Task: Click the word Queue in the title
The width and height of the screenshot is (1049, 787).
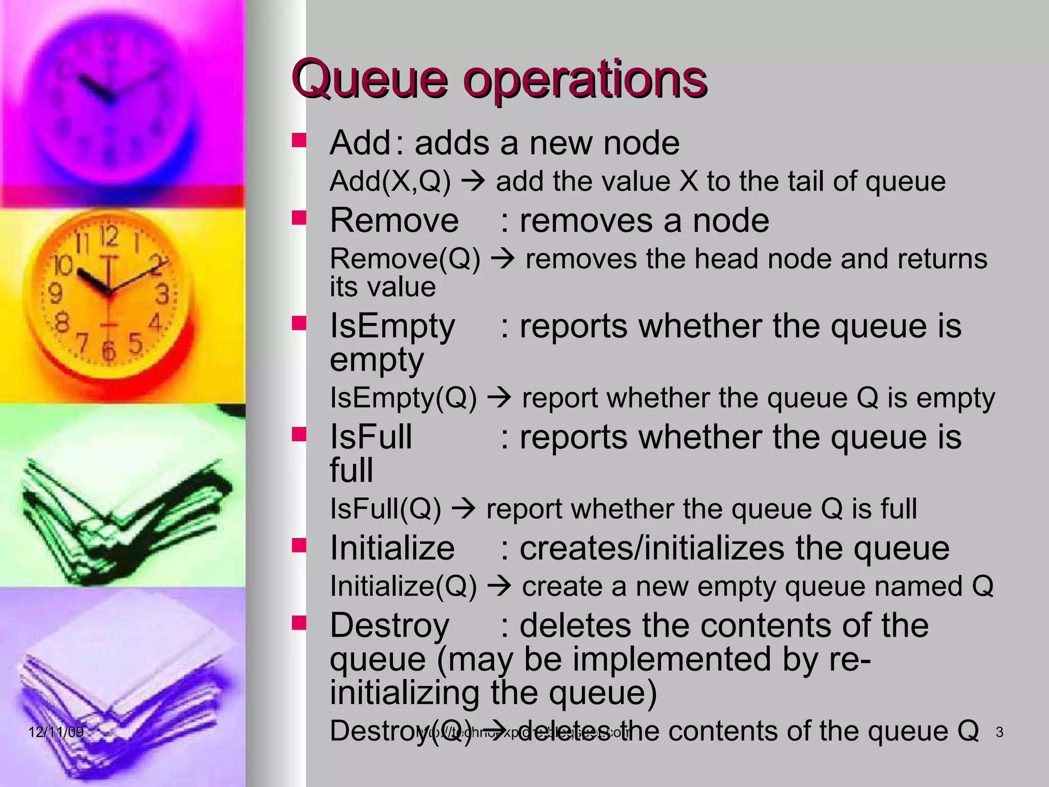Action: [x=369, y=79]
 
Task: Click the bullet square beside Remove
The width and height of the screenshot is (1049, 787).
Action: [x=299, y=218]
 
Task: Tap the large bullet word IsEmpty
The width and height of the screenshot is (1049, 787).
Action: [x=392, y=326]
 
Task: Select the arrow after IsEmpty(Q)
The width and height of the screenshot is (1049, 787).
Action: [x=499, y=398]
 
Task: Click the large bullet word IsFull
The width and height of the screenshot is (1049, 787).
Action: [x=371, y=437]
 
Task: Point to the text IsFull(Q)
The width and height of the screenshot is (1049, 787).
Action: [x=385, y=509]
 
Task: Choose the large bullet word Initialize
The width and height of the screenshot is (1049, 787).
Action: [x=392, y=548]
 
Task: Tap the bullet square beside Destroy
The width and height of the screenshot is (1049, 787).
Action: [x=299, y=623]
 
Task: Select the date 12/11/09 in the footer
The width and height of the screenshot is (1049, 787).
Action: [x=56, y=732]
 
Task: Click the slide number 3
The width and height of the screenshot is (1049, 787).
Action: [x=999, y=733]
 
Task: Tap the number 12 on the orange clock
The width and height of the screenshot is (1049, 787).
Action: [x=109, y=237]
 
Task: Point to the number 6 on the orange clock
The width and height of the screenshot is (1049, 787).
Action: [x=108, y=351]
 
